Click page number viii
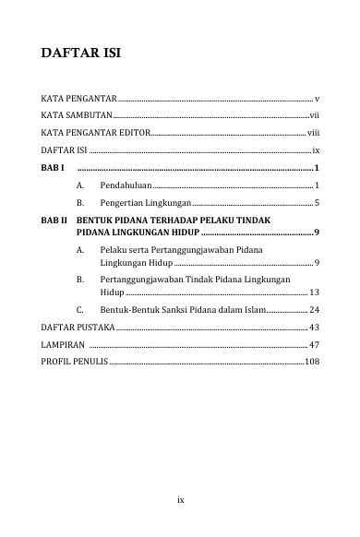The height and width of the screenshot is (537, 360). tap(313, 132)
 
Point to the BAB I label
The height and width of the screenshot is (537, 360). tap(53, 167)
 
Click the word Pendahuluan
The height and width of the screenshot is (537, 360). tap(126, 185)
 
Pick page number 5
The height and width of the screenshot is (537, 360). tap(316, 201)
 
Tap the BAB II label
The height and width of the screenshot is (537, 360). tap(54, 221)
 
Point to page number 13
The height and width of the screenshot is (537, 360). tap(314, 290)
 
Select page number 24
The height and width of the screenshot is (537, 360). tap(314, 310)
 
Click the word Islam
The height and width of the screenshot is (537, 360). tap(251, 310)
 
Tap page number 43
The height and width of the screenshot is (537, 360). tap(314, 328)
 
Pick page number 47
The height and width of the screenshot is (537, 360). tap(314, 344)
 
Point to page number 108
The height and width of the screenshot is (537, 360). tap(311, 362)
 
